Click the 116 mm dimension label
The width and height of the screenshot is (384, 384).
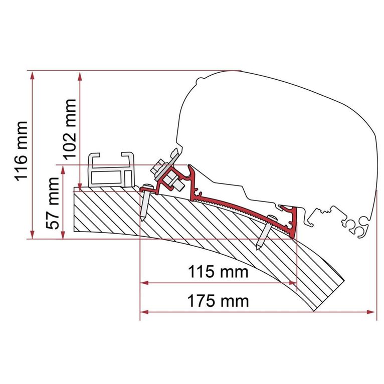click(22, 151)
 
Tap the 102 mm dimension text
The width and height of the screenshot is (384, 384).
click(70, 129)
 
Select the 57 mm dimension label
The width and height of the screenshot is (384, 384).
click(53, 203)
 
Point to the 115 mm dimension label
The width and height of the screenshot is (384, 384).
click(218, 271)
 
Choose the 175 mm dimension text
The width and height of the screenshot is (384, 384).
click(218, 301)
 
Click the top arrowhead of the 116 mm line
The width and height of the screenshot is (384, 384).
click(32, 76)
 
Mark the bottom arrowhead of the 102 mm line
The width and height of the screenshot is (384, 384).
click(80, 186)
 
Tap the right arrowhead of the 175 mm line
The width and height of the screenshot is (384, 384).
click(370, 312)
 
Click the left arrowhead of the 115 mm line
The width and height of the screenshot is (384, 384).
click(144, 283)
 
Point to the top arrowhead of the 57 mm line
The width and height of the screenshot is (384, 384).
click(63, 170)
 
